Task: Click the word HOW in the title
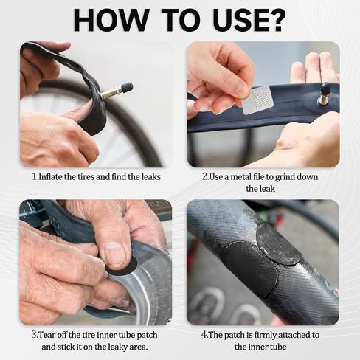(x=111, y=20)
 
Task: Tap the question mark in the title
(x=275, y=20)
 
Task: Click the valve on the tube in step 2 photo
(x=324, y=94)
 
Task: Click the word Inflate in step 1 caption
(x=51, y=177)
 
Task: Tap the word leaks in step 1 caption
(x=151, y=177)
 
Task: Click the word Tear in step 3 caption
(x=46, y=335)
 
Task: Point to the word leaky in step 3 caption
(x=114, y=347)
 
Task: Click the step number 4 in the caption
(x=204, y=335)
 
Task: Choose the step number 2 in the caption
(x=204, y=177)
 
